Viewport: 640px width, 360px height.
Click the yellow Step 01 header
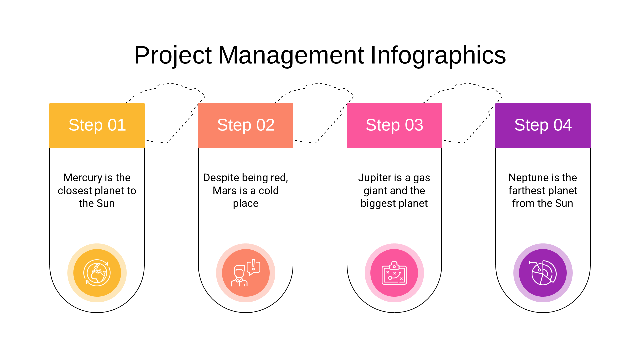97,126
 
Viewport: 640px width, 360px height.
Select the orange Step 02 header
246,126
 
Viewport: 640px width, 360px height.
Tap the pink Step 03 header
394,126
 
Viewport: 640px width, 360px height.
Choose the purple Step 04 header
543,126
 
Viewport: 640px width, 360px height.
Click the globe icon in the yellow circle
97,273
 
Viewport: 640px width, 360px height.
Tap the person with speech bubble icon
246,273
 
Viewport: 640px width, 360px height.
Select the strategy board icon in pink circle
394,273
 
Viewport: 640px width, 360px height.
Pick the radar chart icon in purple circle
543,273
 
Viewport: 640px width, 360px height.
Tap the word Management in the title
291,55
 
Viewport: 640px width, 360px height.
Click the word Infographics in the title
438,55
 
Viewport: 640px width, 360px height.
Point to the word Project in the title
173,55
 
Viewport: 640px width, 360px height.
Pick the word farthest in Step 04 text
525,191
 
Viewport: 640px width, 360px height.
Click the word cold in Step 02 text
269,191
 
